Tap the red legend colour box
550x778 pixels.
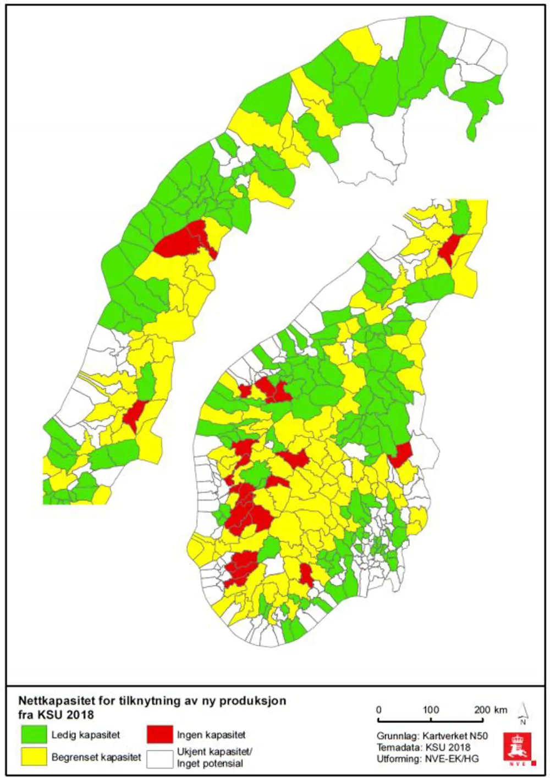click(x=159, y=735)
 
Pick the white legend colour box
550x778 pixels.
click(x=159, y=758)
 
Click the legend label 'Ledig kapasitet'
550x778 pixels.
click(x=85, y=735)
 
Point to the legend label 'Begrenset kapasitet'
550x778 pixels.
click(x=96, y=757)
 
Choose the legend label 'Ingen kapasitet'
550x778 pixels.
click(x=211, y=735)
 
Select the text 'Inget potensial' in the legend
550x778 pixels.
click(x=210, y=764)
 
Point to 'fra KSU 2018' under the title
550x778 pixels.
click(x=56, y=715)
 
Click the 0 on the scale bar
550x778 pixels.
click(x=378, y=709)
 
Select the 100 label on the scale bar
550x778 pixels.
click(x=431, y=709)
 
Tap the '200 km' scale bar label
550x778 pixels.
click(x=490, y=709)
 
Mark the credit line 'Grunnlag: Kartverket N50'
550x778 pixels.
click(x=432, y=736)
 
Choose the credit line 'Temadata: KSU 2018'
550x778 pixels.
click(x=424, y=747)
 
